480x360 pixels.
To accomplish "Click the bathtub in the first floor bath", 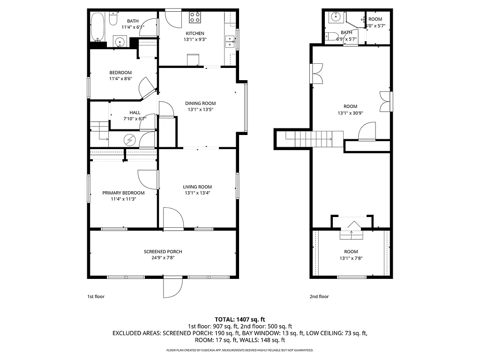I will [x=97, y=27].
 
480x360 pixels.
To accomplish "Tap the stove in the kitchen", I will [x=195, y=18].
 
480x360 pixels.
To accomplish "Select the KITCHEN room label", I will [x=195, y=33].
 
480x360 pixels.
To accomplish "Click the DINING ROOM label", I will [x=200, y=103].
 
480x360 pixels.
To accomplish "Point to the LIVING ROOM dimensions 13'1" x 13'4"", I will [x=197, y=193].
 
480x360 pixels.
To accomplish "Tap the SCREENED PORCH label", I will [x=163, y=252].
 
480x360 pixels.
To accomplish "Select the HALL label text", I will [x=135, y=112].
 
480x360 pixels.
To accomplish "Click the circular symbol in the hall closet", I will [x=130, y=139].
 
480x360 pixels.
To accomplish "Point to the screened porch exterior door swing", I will [x=172, y=287].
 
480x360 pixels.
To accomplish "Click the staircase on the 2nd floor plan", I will [x=309, y=139].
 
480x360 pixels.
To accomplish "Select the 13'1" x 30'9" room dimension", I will [x=350, y=113].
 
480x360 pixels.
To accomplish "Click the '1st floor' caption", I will [x=96, y=296].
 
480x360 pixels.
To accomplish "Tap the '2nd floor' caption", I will [x=319, y=296].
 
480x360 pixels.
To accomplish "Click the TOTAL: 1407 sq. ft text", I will [x=240, y=319].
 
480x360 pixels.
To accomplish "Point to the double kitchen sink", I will [x=230, y=42].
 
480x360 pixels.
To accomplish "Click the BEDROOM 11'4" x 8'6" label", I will [x=120, y=75].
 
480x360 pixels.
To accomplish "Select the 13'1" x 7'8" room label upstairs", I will [x=351, y=257].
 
